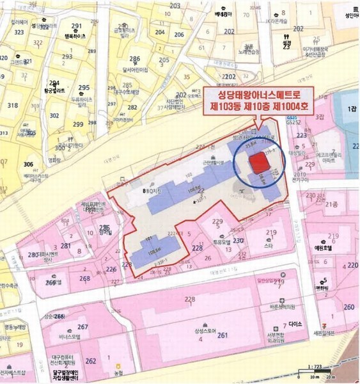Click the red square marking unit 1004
click(258, 163)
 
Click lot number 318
click(12, 105)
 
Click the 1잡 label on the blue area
click(350, 110)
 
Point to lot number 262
click(91, 360)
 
